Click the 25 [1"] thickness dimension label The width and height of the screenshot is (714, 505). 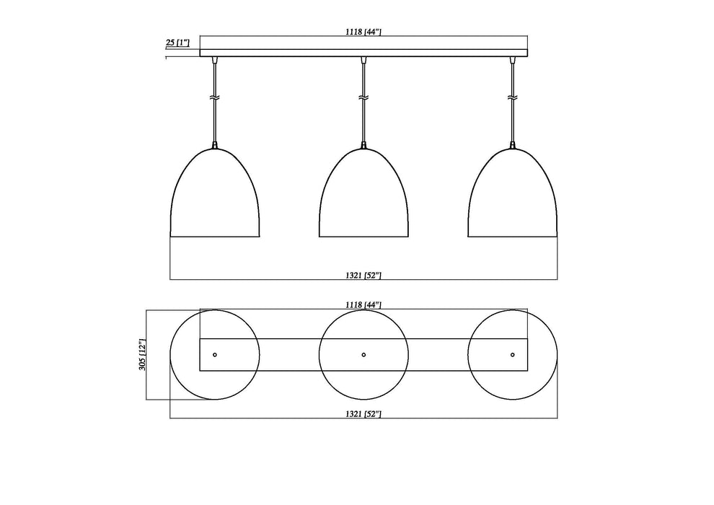[177, 43]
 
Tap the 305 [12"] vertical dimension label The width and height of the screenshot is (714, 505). [142, 355]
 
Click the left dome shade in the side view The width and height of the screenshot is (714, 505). [215, 198]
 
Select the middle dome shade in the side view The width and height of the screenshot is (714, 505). [364, 198]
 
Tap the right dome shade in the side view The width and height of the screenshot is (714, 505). [513, 198]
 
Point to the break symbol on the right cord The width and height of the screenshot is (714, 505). [513, 97]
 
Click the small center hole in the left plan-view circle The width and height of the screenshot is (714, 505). [215, 354]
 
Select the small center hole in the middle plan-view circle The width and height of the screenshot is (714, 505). [363, 354]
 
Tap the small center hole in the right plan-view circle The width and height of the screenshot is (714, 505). [513, 354]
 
